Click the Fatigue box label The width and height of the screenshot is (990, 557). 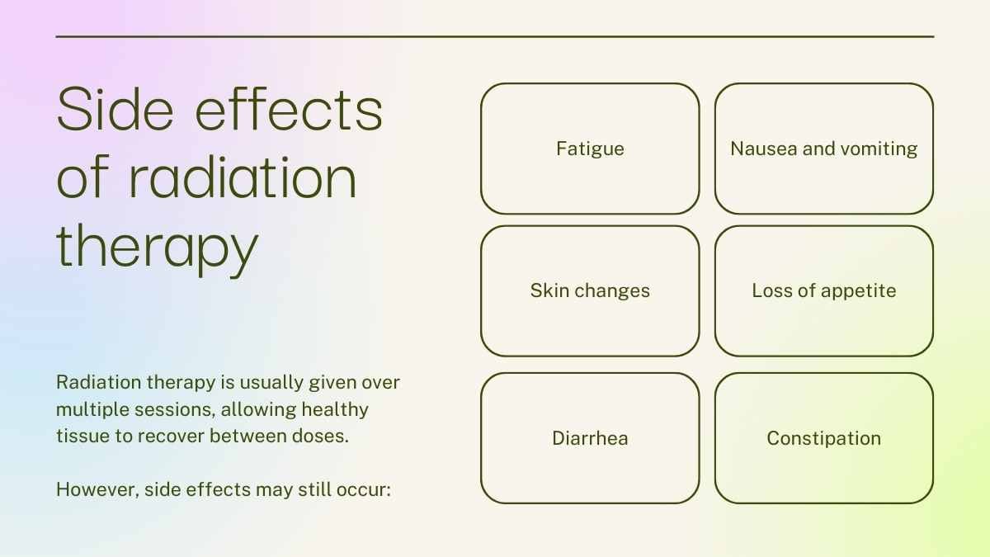click(x=590, y=149)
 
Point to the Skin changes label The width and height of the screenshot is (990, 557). click(x=590, y=291)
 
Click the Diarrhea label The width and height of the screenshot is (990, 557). click(x=590, y=438)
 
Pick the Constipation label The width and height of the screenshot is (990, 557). click(x=824, y=438)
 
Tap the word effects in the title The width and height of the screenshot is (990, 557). click(x=289, y=109)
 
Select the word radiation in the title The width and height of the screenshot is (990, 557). click(x=243, y=177)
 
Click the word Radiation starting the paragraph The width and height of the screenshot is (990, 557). click(x=99, y=382)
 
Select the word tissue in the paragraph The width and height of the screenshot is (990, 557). click(x=83, y=437)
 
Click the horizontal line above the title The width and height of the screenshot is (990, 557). click(x=495, y=36)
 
